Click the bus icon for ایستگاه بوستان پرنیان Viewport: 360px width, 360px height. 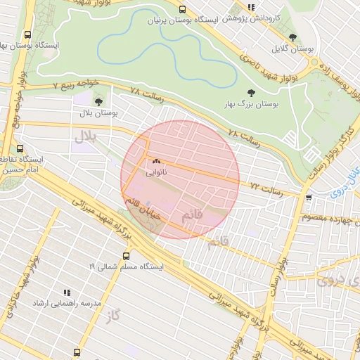click(x=183, y=10)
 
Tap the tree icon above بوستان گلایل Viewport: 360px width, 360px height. click(x=293, y=37)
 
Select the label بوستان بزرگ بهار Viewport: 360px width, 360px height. click(x=251, y=104)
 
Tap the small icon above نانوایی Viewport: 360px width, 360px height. click(x=156, y=161)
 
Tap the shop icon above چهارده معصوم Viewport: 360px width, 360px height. click(x=309, y=198)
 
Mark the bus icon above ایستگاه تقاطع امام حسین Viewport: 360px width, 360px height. click(x=20, y=149)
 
